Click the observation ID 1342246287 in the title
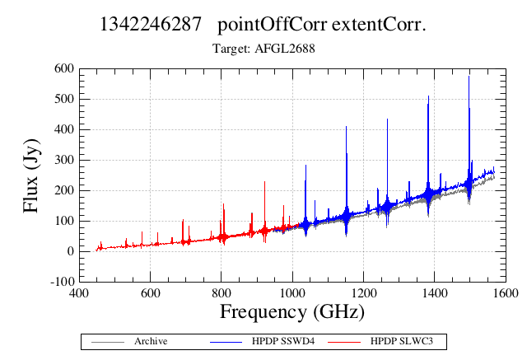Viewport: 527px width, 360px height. pos(151,24)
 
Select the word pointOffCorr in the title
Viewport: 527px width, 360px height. pos(273,25)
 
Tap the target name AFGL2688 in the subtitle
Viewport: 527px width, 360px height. pos(285,49)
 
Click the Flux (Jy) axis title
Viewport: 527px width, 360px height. pos(31,175)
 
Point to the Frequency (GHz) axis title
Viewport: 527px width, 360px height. pos(292,312)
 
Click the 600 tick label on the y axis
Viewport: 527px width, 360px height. pos(64,68)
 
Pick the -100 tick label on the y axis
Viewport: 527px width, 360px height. pos(63,282)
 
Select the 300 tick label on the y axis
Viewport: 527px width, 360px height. pos(64,160)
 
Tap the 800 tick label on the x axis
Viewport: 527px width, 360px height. pos(222,293)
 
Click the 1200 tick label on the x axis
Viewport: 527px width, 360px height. pos(364,293)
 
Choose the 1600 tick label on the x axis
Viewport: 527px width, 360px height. pos(505,293)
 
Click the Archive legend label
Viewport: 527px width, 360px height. pos(151,341)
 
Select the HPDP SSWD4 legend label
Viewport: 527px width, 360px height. pos(283,341)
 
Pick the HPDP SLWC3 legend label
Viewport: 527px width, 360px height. pos(402,341)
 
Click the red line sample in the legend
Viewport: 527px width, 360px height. pos(344,342)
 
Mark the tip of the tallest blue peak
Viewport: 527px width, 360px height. pos(469,77)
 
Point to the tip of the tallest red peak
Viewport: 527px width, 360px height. pos(265,181)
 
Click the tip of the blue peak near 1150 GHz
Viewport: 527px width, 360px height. pos(346,126)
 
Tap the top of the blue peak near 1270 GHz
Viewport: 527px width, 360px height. pos(387,119)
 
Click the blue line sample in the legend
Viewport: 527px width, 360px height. pos(226,342)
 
